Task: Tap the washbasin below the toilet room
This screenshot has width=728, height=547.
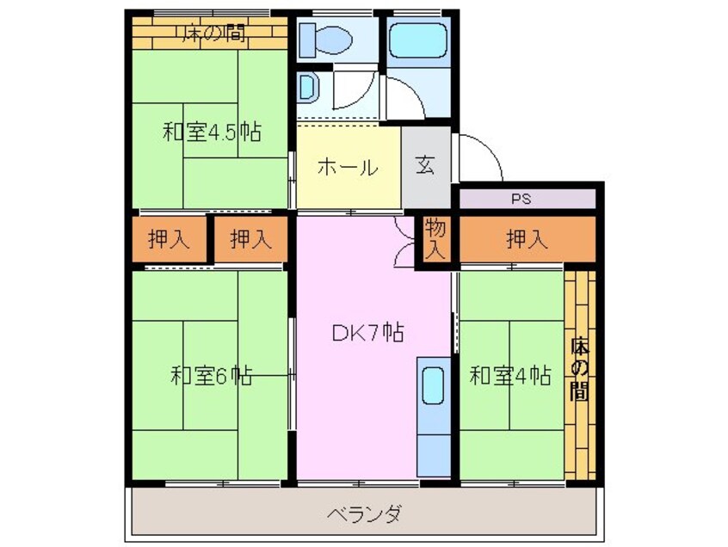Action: click(x=309, y=87)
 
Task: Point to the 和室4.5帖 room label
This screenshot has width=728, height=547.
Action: click(x=212, y=132)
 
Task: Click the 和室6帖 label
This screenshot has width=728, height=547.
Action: click(x=211, y=376)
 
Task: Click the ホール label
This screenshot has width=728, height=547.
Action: click(x=347, y=167)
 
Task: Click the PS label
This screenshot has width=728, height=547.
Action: click(x=521, y=199)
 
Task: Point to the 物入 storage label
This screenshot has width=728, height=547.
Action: click(x=436, y=240)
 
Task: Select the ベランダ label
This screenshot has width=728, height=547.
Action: click(x=364, y=515)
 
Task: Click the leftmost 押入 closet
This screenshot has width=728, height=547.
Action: click(x=169, y=240)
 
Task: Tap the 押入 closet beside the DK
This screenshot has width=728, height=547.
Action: click(x=251, y=240)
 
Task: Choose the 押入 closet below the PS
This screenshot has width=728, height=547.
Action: click(x=527, y=239)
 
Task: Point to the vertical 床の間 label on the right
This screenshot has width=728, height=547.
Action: click(x=579, y=371)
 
